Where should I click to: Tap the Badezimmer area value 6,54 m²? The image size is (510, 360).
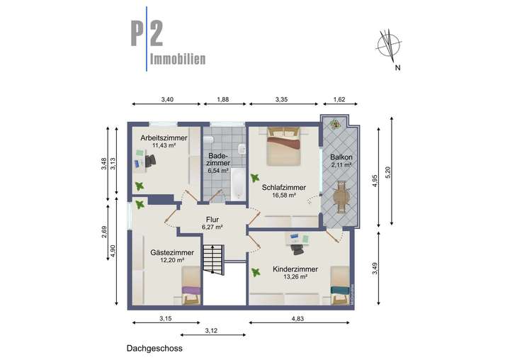pyautogui.click(x=217, y=171)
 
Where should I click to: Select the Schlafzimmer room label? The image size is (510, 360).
pyautogui.click(x=283, y=188)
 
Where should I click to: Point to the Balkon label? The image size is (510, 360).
pyautogui.click(x=341, y=157)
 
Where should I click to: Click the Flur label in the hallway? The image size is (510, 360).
pyautogui.click(x=212, y=219)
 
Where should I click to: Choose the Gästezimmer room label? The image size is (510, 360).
pyautogui.click(x=172, y=252)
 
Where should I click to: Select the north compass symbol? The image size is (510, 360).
pyautogui.click(x=387, y=45)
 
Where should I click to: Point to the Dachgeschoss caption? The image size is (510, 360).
pyautogui.click(x=154, y=348)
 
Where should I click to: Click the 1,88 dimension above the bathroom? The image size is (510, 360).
pyautogui.click(x=223, y=100)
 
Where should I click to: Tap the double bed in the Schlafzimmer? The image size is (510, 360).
pyautogui.click(x=283, y=147)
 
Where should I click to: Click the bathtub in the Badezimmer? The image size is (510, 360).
pyautogui.click(x=237, y=186)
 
